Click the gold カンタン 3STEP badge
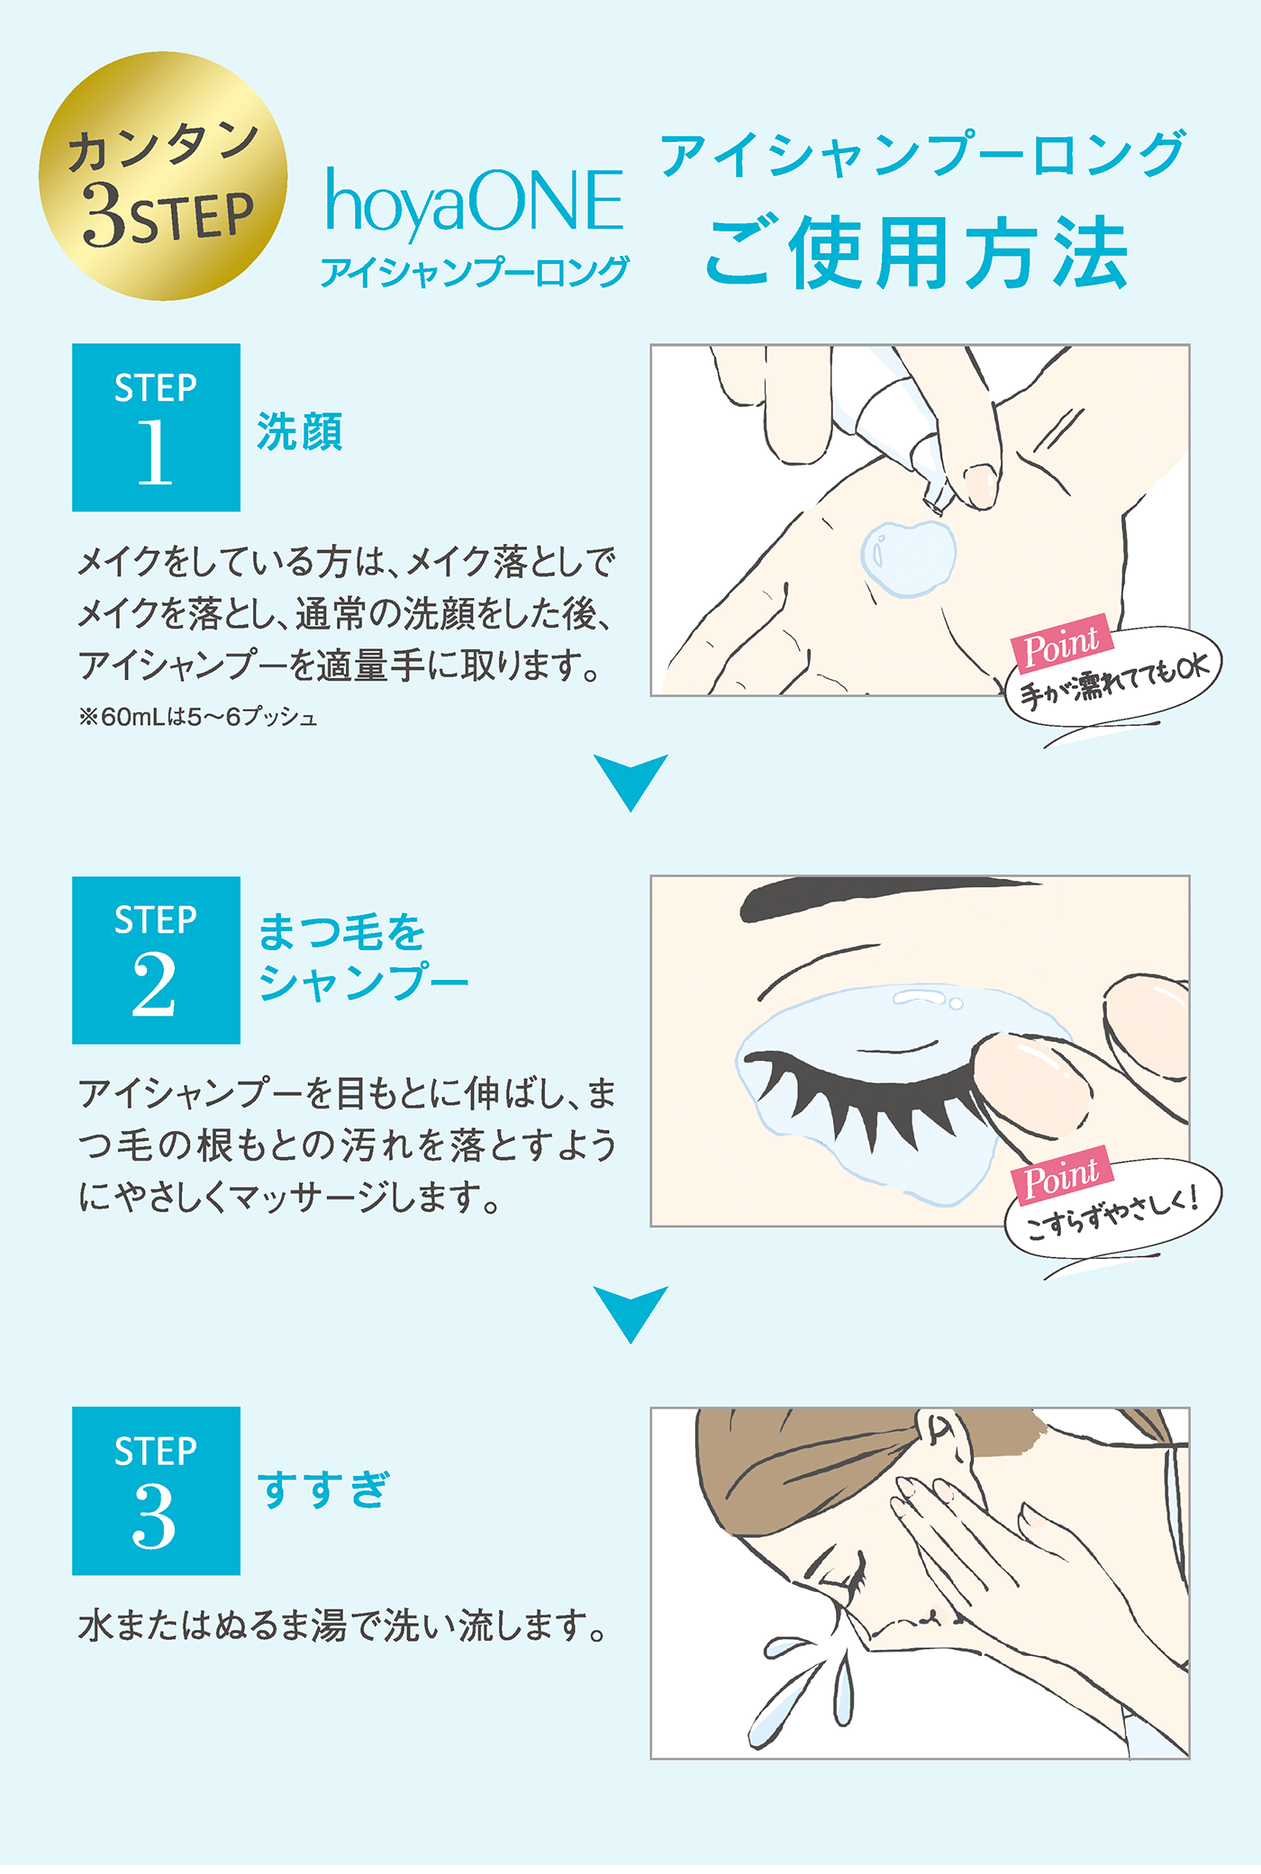pyautogui.click(x=163, y=176)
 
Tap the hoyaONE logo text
pyautogui.click(x=474, y=202)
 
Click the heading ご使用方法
pyautogui.click(x=916, y=252)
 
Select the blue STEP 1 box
pyautogui.click(x=156, y=427)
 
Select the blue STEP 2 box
pyautogui.click(x=156, y=960)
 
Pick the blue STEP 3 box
pyautogui.click(x=156, y=1490)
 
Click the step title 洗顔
pyautogui.click(x=300, y=431)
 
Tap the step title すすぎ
pyautogui.click(x=323, y=1489)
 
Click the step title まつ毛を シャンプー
pyautogui.click(x=363, y=956)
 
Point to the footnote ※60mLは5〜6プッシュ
pyautogui.click(x=198, y=718)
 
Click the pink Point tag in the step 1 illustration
pyautogui.click(x=1062, y=645)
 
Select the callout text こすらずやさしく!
pyautogui.click(x=1113, y=1211)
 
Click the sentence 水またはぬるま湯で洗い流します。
pyautogui.click(x=343, y=1626)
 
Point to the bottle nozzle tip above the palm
pyautogui.click(x=937, y=499)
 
